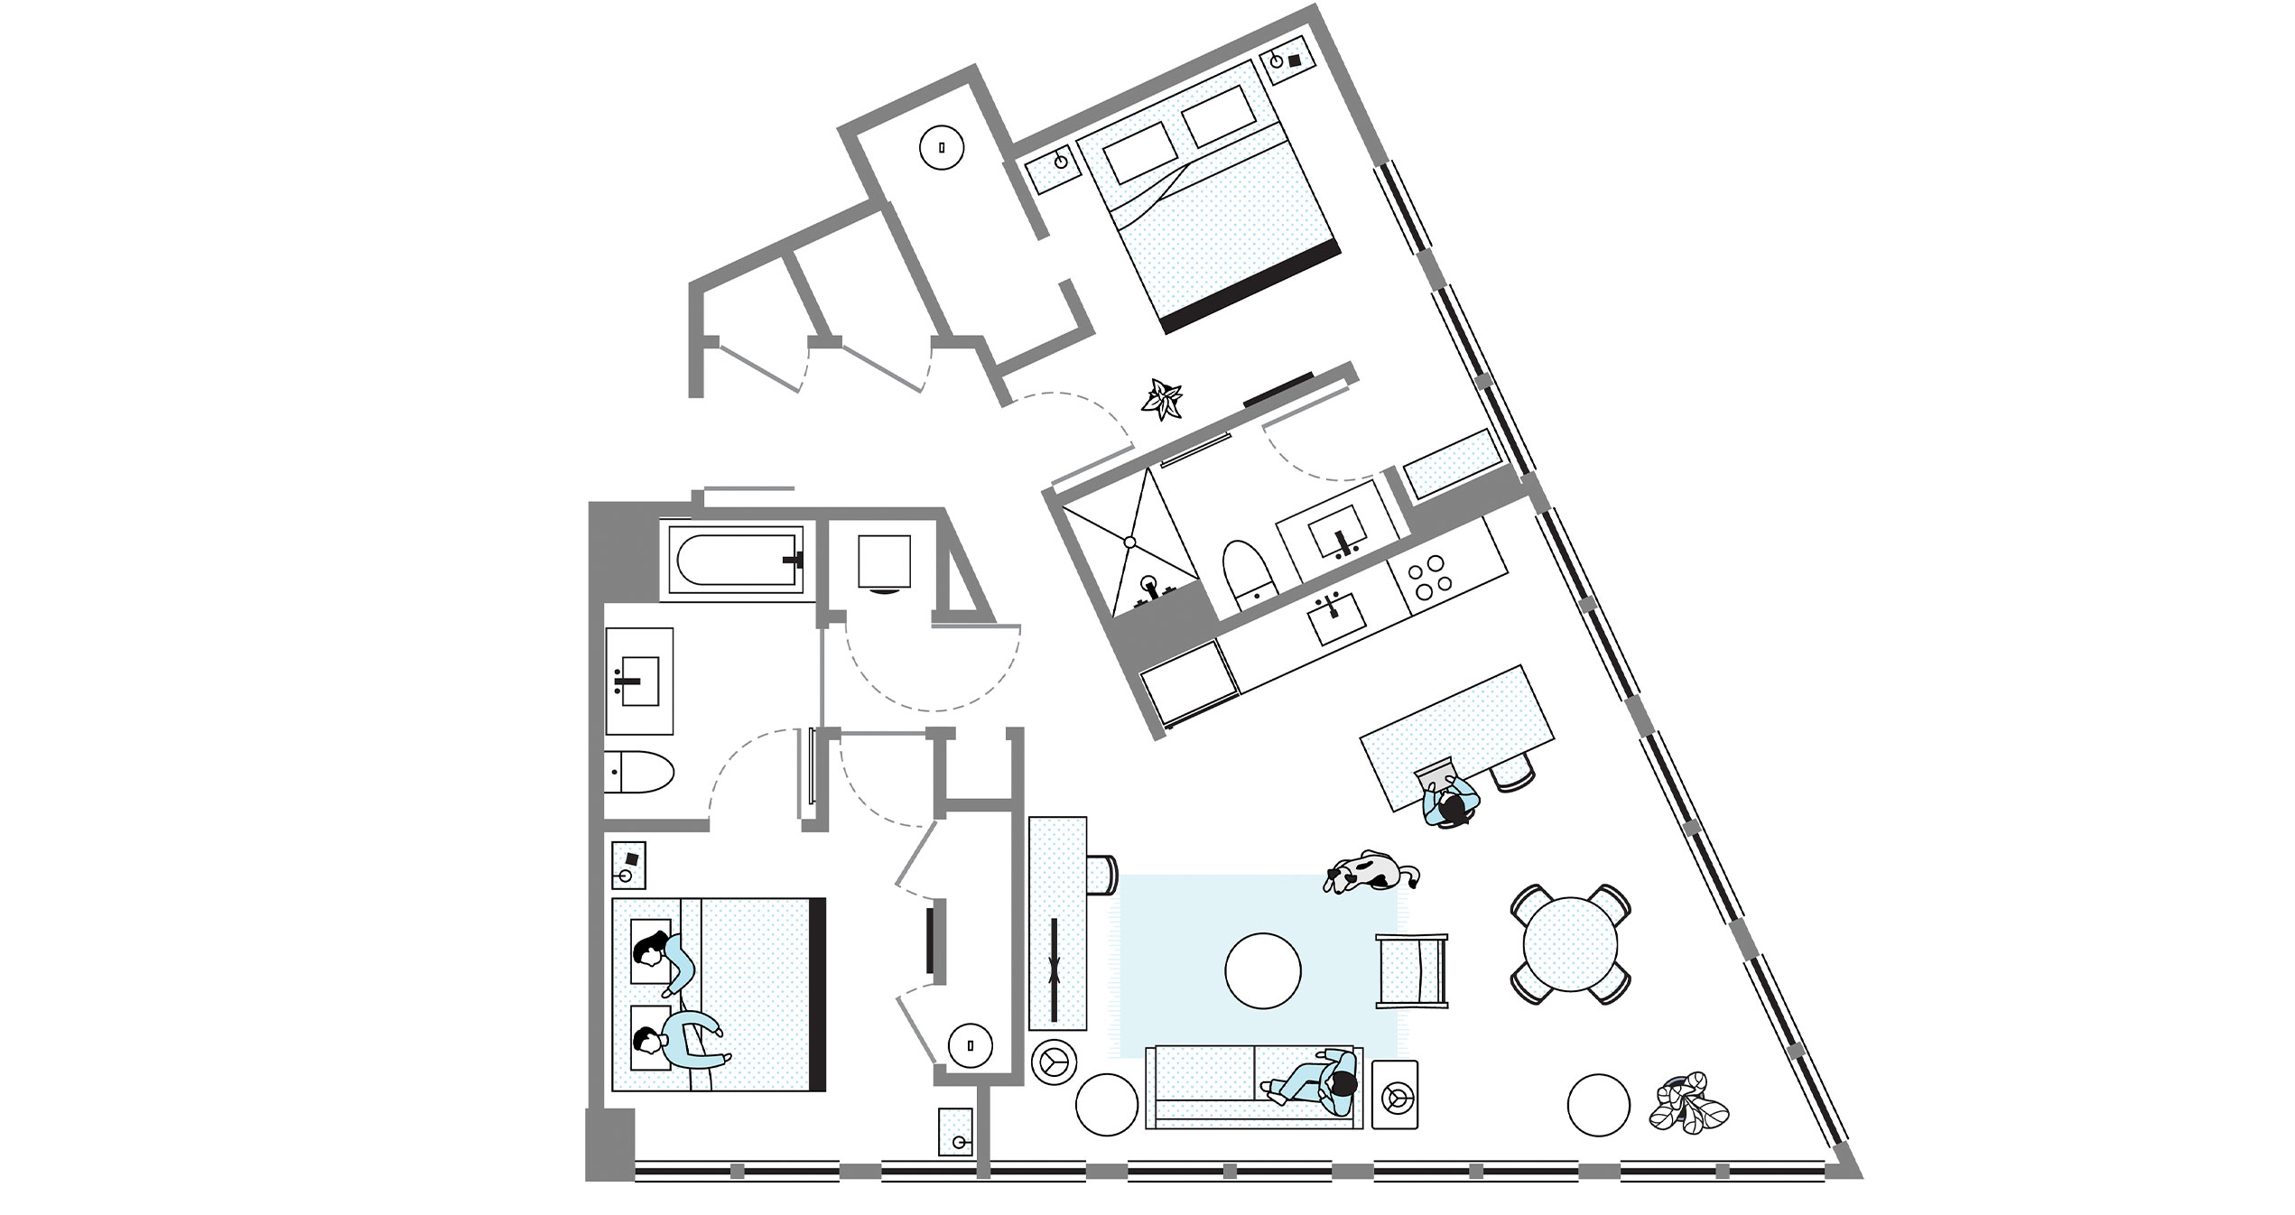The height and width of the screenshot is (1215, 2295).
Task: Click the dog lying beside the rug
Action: coord(1370,872)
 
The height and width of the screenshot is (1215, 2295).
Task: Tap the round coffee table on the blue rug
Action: coord(1262,970)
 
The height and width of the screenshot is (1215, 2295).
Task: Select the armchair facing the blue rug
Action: coord(1410,970)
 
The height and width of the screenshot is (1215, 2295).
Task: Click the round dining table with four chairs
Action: coord(1570,943)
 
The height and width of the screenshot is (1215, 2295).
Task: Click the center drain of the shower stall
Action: coord(1129,542)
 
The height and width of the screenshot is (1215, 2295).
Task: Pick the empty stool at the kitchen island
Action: coord(1512,774)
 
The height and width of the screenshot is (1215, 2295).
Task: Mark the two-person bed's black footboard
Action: coord(817,994)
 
